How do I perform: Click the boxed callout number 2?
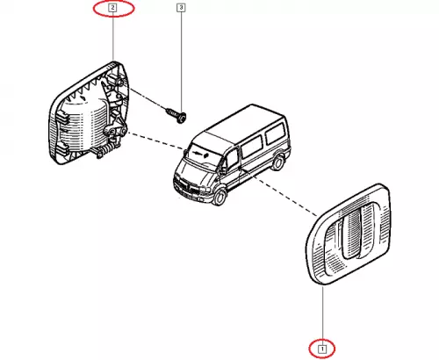(112, 8)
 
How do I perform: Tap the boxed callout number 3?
(181, 8)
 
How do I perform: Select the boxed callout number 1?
(322, 349)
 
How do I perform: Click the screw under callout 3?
(176, 115)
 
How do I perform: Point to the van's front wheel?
(219, 197)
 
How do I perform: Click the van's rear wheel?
(277, 162)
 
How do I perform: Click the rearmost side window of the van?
(275, 133)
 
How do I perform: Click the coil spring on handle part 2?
(108, 149)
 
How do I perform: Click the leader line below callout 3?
(181, 61)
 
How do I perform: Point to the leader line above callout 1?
(322, 315)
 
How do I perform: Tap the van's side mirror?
(223, 169)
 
